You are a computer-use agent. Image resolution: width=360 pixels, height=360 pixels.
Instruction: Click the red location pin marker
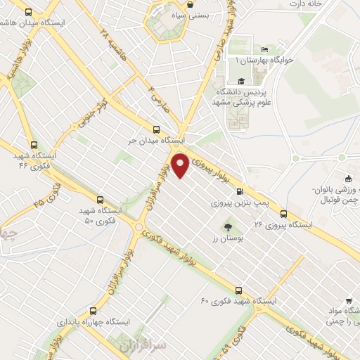[181, 165]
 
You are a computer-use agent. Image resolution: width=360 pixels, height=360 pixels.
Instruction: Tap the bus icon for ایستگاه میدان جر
[156, 129]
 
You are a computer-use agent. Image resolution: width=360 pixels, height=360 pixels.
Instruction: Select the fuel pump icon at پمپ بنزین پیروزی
[241, 191]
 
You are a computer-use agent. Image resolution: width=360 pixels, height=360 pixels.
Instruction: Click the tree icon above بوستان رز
[228, 227]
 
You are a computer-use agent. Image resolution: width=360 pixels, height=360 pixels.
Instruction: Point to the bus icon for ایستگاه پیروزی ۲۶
[284, 214]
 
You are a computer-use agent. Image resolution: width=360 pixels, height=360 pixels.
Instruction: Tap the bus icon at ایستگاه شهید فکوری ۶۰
[238, 290]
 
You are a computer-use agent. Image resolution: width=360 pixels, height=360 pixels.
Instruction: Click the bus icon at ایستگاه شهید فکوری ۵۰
[100, 200]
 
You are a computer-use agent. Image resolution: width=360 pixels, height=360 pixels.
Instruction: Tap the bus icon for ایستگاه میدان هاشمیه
[28, 12]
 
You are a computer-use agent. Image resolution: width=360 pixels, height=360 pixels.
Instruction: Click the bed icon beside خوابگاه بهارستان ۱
[264, 49]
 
